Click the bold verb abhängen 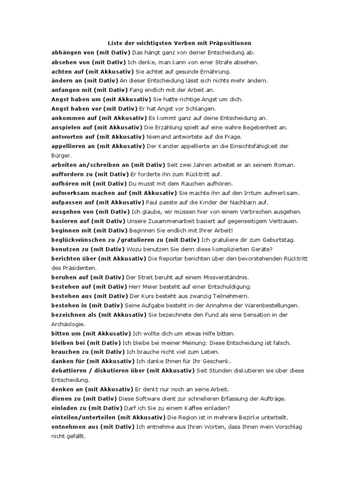(x=67, y=52)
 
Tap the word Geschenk (x=216, y=361)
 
